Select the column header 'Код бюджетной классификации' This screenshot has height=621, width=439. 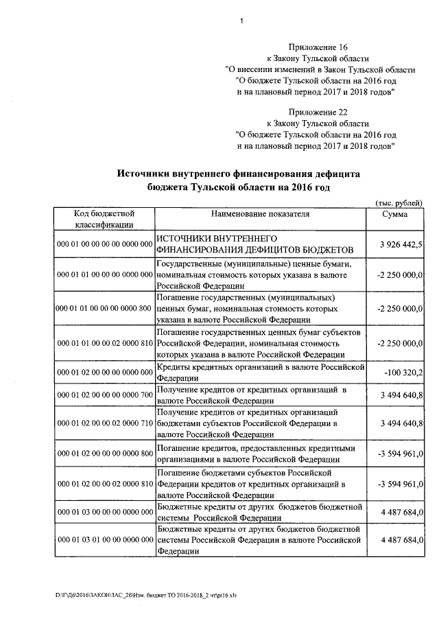104,219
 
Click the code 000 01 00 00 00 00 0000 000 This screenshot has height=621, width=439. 104,244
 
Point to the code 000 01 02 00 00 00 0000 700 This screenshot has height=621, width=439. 104,395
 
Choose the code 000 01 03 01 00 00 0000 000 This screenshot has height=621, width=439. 104,541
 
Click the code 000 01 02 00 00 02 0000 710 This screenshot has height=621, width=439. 104,424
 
